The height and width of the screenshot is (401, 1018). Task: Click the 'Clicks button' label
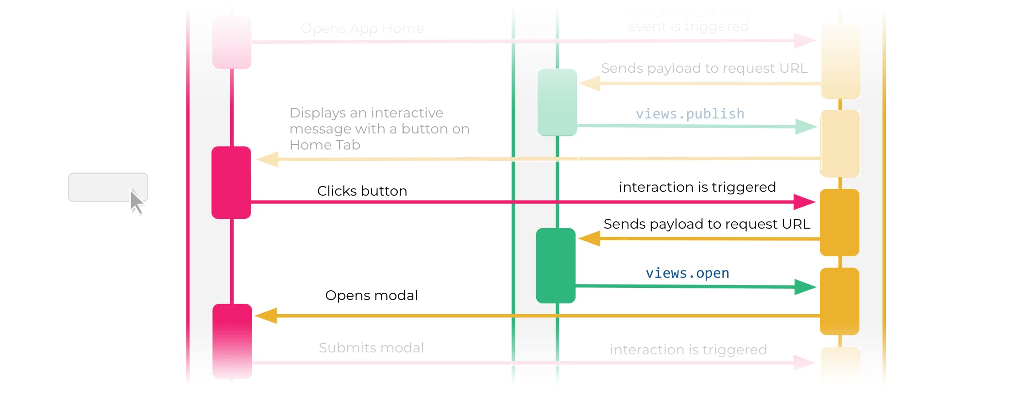pos(362,191)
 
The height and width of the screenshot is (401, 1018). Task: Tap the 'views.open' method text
pos(687,273)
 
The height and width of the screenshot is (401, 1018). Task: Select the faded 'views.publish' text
pos(690,114)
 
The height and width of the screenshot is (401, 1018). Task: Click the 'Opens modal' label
pos(371,295)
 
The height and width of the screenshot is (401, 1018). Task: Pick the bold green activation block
pos(556,266)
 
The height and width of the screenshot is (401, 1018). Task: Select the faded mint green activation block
pos(557,102)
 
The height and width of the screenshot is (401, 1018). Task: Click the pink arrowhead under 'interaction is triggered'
pos(804,201)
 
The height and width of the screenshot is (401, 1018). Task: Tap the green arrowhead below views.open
pos(805,287)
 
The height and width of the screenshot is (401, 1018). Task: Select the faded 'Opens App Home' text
pos(362,29)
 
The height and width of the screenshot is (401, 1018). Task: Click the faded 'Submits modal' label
pos(371,348)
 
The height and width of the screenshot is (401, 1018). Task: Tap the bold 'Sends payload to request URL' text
pos(707,224)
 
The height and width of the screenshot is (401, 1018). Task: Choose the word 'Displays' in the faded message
pos(318,113)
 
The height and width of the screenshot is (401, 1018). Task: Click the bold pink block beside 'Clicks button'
pos(231,182)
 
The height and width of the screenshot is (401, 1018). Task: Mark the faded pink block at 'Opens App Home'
pos(232,42)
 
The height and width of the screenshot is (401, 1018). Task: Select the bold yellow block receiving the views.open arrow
pos(839,301)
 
